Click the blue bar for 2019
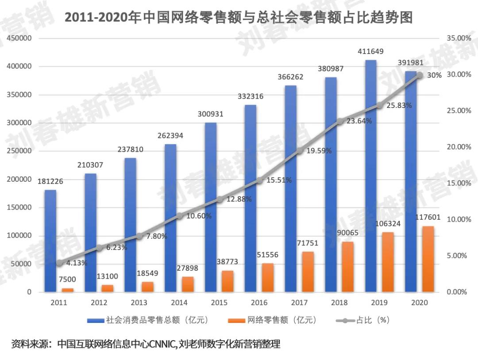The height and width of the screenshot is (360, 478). click(371, 177)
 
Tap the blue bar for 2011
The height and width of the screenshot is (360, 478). click(50, 241)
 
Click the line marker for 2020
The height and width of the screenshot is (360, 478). click(420, 76)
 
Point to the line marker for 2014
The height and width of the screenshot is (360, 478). click(179, 216)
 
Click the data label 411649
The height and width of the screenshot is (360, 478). click(371, 52)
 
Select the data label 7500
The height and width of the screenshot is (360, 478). click(67, 279)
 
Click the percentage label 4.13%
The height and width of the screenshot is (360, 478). click(77, 263)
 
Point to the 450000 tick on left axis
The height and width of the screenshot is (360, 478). click(19, 38)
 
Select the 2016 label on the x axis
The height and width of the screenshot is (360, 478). click(259, 303)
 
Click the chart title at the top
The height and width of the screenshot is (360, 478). click(239, 18)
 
